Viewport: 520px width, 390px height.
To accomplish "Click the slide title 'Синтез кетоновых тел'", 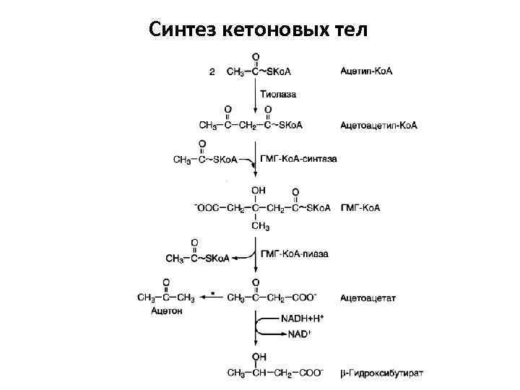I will pos(259,30).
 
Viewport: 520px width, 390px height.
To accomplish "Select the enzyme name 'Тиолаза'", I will pos(278,94).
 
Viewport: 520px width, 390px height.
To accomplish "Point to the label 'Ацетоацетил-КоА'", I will pos(378,126).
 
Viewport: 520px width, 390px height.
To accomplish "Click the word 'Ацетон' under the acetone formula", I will pos(167,311).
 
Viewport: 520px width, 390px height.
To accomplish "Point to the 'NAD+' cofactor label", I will pos(298,334).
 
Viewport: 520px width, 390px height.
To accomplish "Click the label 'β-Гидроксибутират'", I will pos(382,373).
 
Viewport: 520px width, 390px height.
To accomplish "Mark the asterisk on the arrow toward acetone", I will pos(212,293).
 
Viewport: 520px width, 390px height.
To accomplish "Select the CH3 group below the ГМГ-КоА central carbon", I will pos(260,226).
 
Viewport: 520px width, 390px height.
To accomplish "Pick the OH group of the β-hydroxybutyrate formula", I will pos(258,357).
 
